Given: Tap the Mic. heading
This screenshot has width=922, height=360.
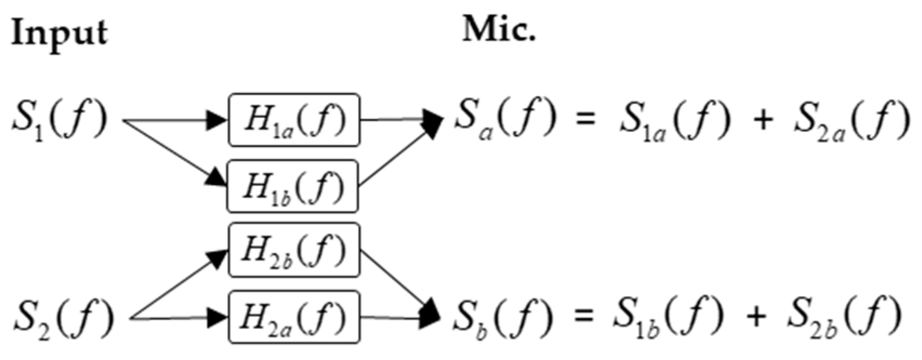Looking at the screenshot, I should click(x=499, y=30).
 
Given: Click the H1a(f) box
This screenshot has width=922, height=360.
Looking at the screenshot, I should click(x=294, y=120).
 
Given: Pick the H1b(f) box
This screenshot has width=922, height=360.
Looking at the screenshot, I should click(x=293, y=186).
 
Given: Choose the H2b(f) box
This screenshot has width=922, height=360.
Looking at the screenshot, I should click(x=294, y=250).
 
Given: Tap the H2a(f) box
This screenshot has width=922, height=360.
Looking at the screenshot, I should click(x=294, y=317).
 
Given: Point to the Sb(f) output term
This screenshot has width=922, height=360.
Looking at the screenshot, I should click(x=502, y=317).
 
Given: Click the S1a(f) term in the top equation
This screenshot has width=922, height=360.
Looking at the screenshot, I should click(x=674, y=121).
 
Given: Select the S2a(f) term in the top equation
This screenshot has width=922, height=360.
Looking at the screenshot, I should click(x=852, y=121).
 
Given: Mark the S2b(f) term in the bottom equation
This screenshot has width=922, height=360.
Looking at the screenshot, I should click(x=844, y=317).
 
